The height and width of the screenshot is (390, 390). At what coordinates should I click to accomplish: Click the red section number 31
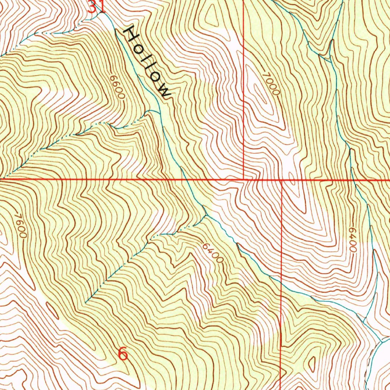coord(96,6)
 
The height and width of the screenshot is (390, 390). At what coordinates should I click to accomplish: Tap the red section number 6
coord(123,354)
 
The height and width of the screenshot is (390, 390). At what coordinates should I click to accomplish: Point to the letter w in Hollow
coord(164,92)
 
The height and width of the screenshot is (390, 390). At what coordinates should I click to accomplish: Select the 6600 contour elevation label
coord(117,87)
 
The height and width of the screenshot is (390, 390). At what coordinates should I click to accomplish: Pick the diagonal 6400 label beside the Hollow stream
coord(213,253)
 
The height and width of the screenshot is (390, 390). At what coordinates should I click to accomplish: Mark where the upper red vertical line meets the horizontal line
coord(244,178)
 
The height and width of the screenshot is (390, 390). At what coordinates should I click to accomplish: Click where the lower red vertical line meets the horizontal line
coord(281,179)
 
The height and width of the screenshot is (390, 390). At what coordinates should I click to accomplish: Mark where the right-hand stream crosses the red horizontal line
coord(352,179)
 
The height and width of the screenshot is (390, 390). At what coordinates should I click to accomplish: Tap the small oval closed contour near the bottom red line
coord(312,364)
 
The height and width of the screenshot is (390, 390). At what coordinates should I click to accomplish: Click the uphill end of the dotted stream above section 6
coord(86,302)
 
